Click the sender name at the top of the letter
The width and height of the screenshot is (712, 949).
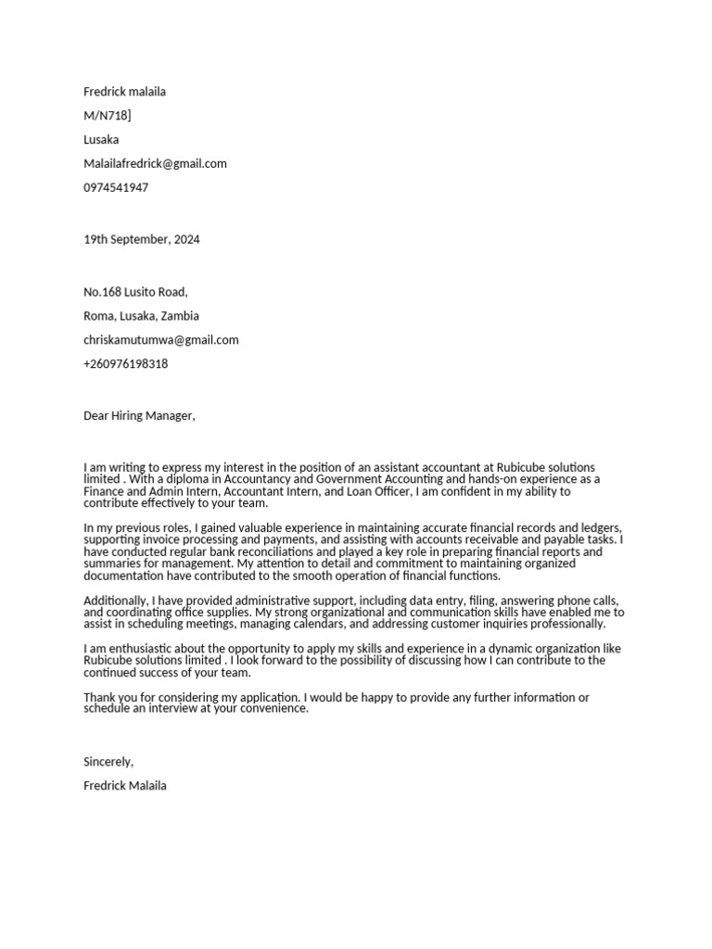[x=125, y=92]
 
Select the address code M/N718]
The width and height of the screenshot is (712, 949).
[x=108, y=116]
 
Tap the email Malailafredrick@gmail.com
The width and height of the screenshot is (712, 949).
[x=155, y=164]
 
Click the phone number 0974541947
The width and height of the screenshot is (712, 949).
[x=116, y=188]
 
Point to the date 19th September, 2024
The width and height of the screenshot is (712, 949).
[x=141, y=240]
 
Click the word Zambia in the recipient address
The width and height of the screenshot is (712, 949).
[x=180, y=316]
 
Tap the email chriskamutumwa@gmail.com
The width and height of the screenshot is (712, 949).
[x=160, y=340]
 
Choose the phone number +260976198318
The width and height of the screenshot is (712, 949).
[x=126, y=364]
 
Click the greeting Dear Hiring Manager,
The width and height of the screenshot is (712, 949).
[x=139, y=416]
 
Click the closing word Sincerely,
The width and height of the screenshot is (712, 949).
[x=108, y=762]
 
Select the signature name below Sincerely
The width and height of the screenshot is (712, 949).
[x=125, y=786]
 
